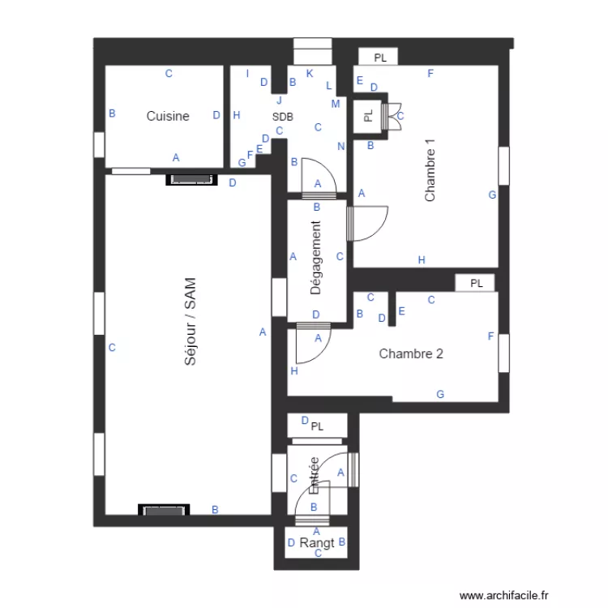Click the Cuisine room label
[168, 116]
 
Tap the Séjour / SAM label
[191, 322]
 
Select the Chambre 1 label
[430, 171]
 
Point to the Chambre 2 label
[411, 353]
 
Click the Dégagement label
[316, 258]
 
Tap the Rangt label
[317, 543]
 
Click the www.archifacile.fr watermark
[503, 594]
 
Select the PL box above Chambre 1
[380, 58]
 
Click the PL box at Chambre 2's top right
[476, 283]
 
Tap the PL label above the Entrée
[317, 426]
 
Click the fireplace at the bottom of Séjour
[164, 510]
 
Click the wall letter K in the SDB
[309, 74]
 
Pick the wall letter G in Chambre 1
[491, 195]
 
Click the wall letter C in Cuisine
[169, 74]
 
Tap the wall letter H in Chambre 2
[294, 371]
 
